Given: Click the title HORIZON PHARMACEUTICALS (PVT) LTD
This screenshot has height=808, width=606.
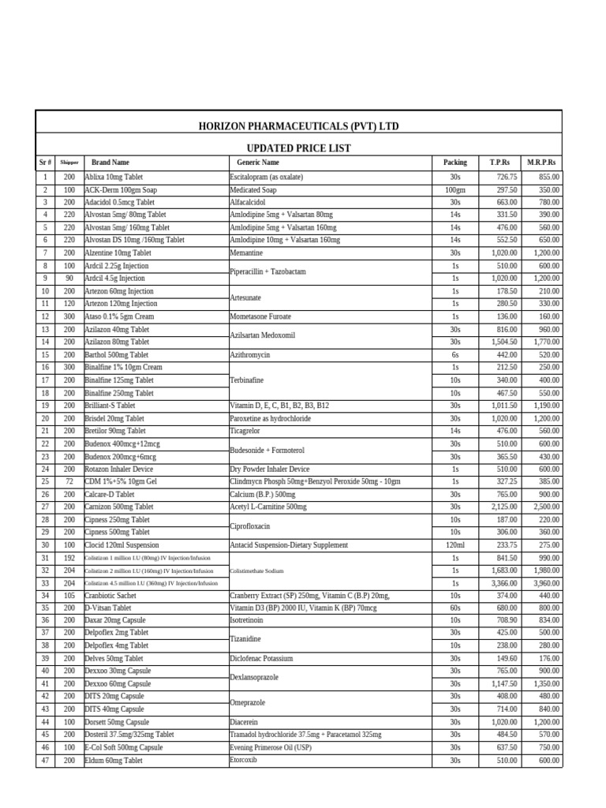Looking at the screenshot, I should point(298,126).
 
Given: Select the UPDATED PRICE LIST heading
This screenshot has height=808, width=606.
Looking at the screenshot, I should point(298,148).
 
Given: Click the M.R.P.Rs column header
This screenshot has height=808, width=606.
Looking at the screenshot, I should point(542,163).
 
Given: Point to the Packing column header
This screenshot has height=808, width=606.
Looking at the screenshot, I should point(454,163).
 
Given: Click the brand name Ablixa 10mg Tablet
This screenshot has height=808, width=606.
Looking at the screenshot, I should point(115,177).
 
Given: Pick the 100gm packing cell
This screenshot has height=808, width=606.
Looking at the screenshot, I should point(454,190).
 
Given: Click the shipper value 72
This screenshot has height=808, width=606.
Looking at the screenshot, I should point(69,481).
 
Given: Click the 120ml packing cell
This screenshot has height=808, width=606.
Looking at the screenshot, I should point(454,545).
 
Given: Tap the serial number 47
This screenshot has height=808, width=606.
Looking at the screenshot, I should point(45,761).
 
